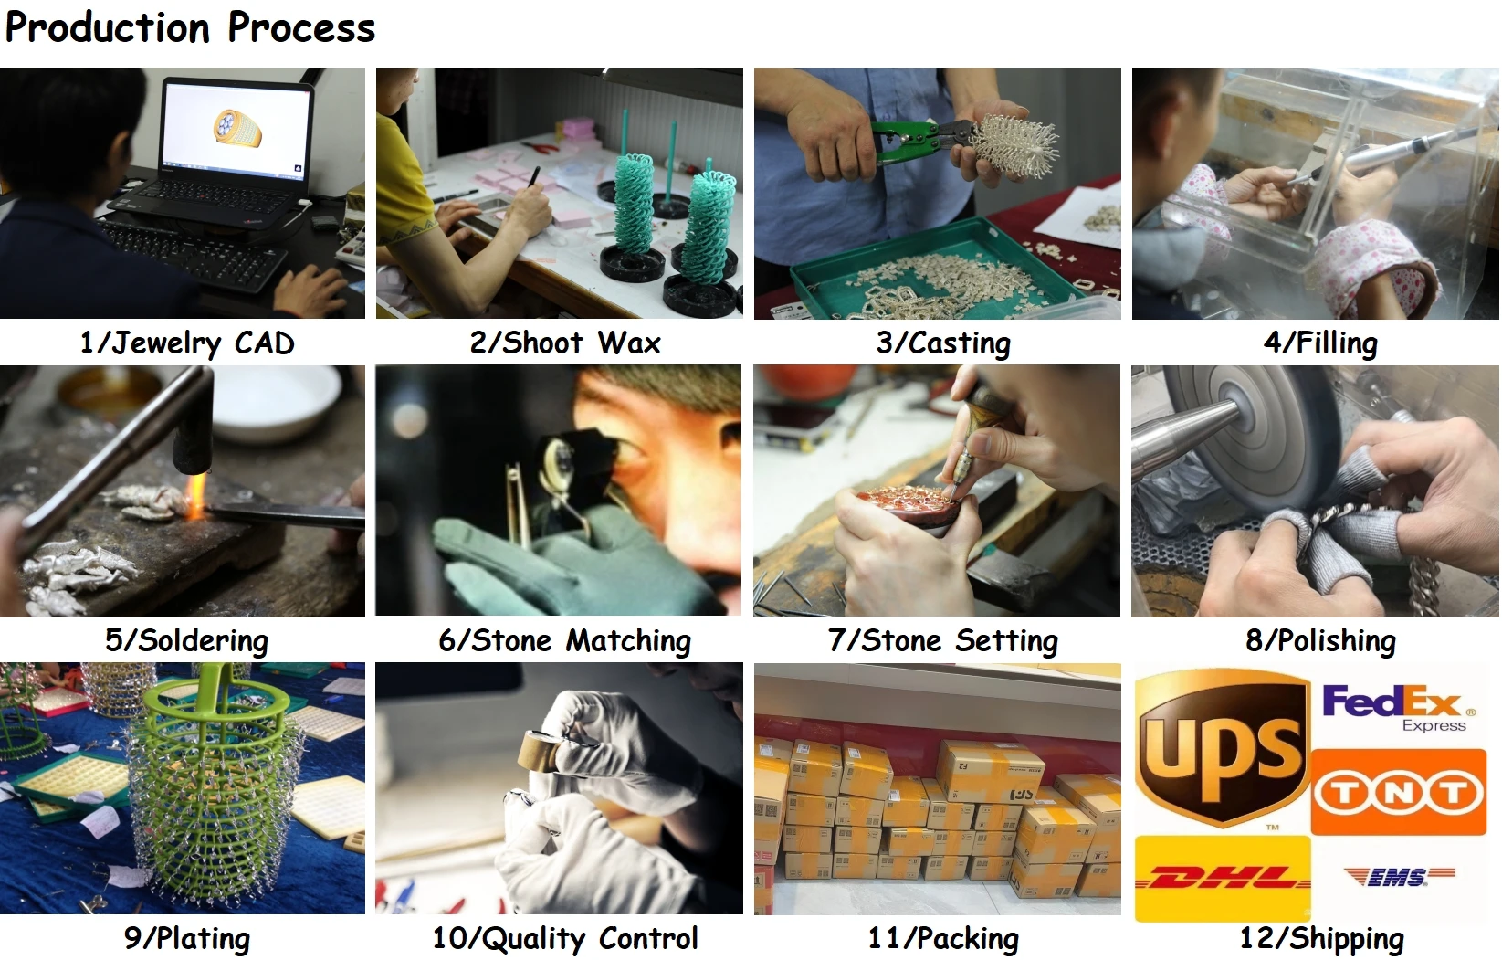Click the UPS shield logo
tap(1222, 748)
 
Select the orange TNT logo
tap(1398, 792)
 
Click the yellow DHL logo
tap(1223, 878)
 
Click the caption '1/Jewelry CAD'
tap(187, 343)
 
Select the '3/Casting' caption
tap(943, 343)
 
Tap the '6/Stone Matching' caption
tap(564, 640)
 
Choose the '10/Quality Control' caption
tap(564, 938)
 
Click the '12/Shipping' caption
tap(1321, 938)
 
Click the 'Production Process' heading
tap(190, 28)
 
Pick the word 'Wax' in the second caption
tap(629, 343)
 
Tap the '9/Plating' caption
tap(187, 938)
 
